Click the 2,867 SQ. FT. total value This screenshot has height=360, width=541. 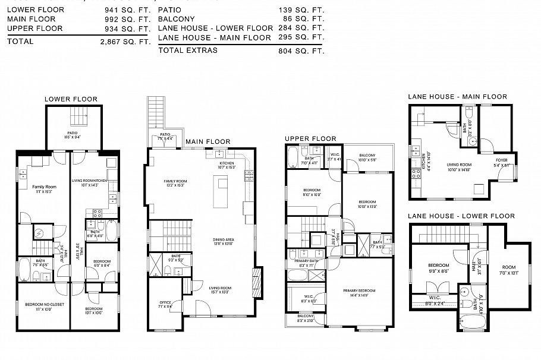coord(125,42)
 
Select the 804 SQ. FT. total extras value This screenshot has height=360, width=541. coord(301,51)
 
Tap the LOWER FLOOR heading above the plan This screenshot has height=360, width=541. coord(71,99)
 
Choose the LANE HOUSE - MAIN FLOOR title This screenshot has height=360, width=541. coord(457,97)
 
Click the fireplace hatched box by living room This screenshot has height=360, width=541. coord(257,277)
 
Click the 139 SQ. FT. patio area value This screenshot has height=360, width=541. coord(301,11)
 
